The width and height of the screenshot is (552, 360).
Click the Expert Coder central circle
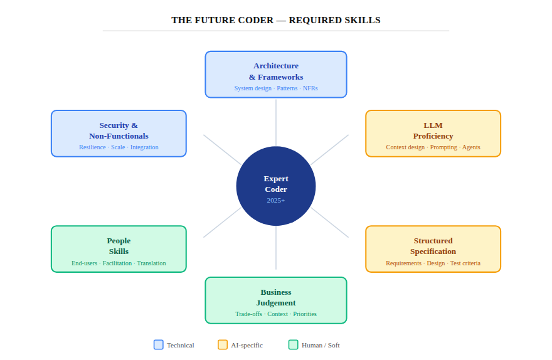pos(276,186)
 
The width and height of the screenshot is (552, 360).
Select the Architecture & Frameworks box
pos(276,74)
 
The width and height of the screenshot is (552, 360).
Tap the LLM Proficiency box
pos(433,133)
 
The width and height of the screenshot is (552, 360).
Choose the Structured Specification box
pos(433,248)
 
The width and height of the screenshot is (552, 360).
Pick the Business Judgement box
pos(276,300)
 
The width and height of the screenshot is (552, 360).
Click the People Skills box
pos(119,248)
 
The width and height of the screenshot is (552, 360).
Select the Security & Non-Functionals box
pos(119,133)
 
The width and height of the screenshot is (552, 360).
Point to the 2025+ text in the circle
pos(276,200)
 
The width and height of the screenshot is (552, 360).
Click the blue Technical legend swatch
pos(159,345)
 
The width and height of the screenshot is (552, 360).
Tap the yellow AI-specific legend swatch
pos(223,345)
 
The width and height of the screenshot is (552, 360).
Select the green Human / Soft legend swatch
pos(293,345)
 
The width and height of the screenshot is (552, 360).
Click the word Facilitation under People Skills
pos(117,263)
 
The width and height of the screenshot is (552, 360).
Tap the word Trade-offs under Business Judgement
pos(249,314)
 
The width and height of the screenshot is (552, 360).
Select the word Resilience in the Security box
pos(92,147)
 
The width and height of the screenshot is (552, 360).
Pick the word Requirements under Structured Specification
pos(403,263)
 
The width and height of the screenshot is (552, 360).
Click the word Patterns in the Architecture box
pos(287,88)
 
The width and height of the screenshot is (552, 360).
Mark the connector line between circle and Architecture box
pos(276,122)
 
